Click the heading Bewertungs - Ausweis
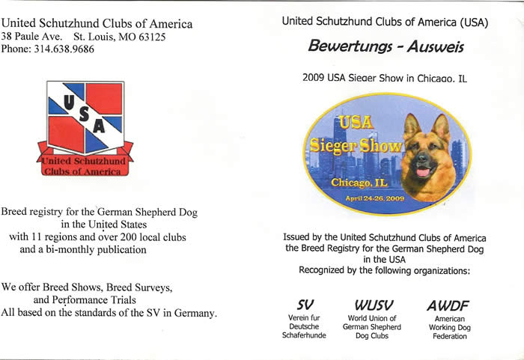[x=386, y=47]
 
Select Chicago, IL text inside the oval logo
[x=358, y=182]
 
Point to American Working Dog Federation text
[x=449, y=327]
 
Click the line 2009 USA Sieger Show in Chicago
[x=385, y=78]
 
